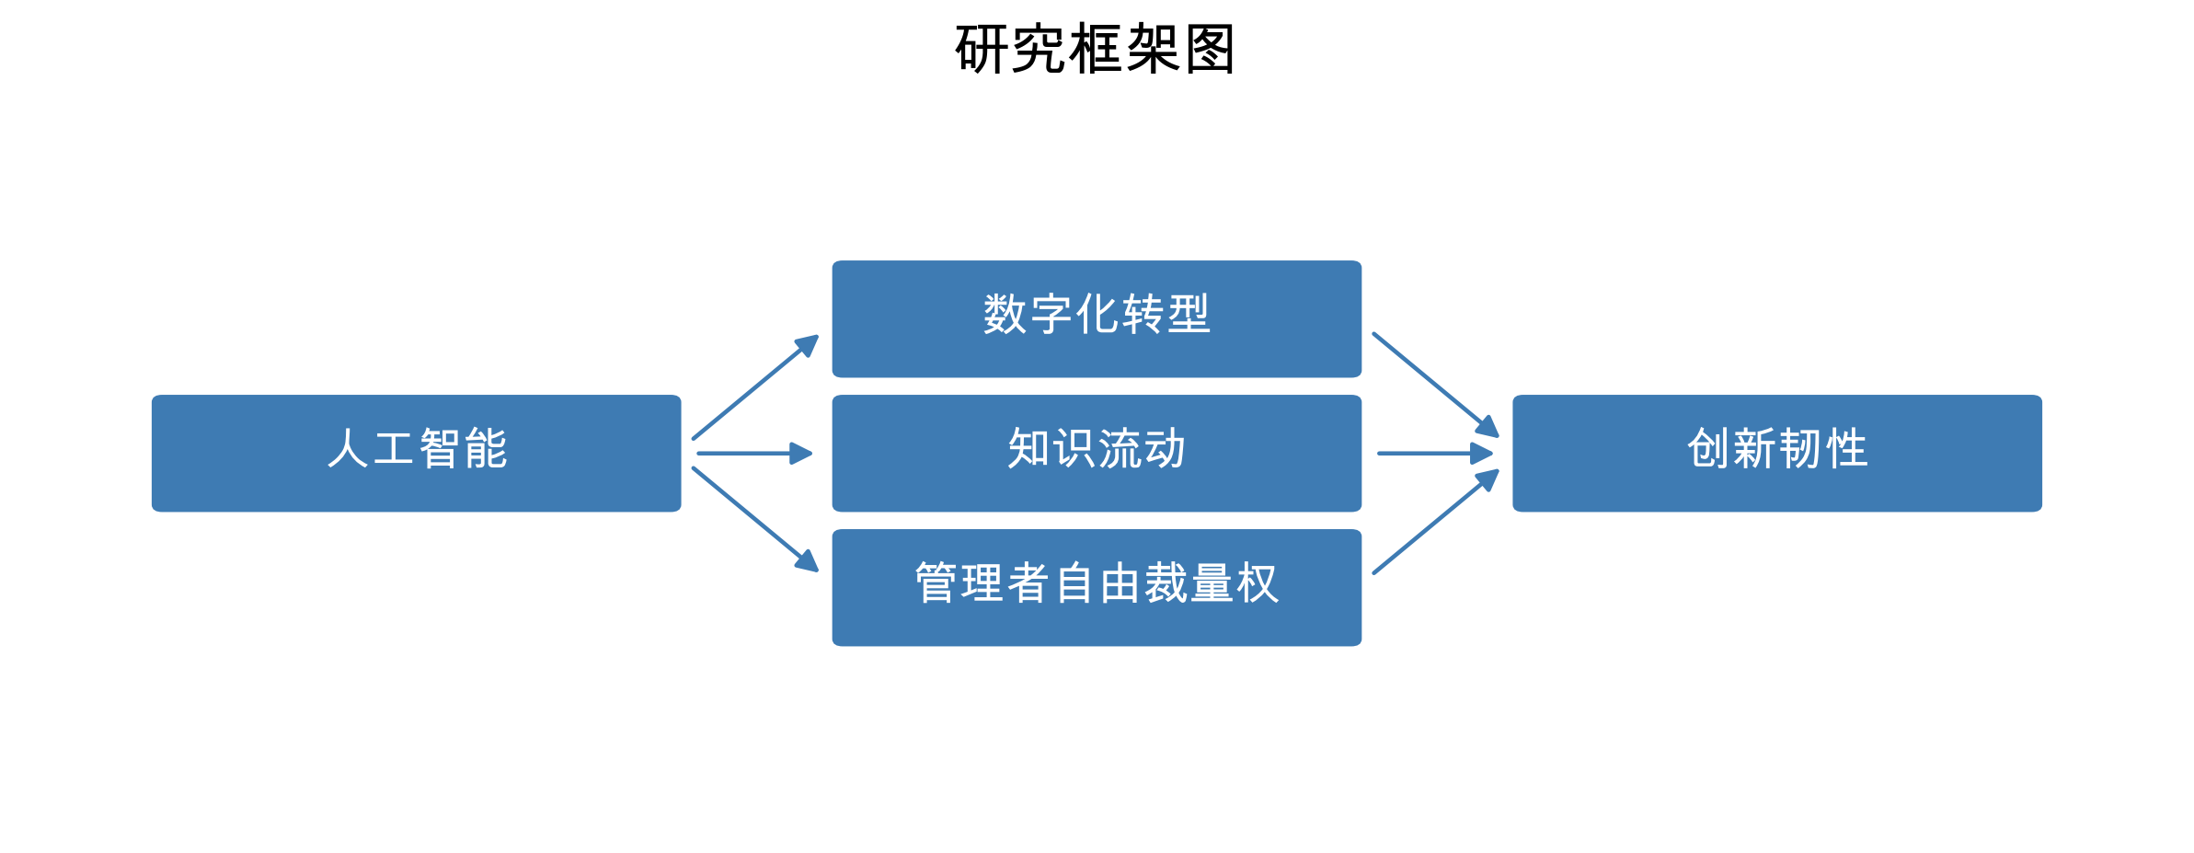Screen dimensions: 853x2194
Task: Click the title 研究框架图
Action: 1095,49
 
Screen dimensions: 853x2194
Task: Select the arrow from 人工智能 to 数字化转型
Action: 754,387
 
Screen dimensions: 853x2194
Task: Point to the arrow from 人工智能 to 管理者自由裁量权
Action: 754,519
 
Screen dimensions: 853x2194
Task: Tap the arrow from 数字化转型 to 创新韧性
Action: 1435,385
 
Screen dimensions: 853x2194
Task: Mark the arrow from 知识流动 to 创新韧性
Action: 1434,454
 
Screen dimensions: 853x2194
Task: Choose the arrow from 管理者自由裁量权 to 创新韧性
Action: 1435,522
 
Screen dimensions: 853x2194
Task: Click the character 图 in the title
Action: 1210,49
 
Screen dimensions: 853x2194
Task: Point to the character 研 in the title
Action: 982,49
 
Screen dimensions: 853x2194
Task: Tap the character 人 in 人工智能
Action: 348,449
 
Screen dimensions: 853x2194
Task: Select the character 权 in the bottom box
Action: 1258,583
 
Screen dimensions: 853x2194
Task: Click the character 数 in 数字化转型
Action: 1005,315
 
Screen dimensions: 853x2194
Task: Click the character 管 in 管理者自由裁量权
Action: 936,583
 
